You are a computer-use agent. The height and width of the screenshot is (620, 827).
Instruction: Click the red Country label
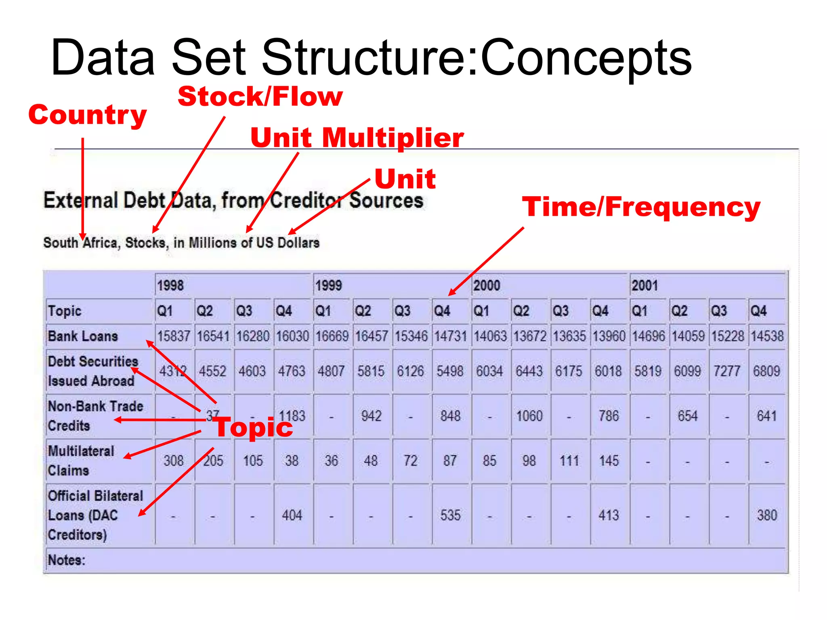(87, 115)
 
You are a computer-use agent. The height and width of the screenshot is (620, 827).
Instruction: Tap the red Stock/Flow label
(260, 97)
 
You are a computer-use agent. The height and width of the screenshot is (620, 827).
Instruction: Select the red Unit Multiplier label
(357, 138)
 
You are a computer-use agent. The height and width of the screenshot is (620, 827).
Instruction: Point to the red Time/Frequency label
(641, 207)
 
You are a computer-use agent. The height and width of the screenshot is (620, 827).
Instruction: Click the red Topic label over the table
(254, 427)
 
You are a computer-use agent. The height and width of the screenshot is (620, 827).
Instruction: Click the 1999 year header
(329, 285)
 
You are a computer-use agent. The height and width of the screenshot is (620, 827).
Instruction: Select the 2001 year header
(644, 285)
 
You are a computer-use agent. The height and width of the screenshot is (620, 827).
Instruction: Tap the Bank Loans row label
(83, 336)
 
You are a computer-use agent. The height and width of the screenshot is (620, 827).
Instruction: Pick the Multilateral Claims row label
(81, 461)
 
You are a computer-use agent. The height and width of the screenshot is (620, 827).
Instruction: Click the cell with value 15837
(174, 336)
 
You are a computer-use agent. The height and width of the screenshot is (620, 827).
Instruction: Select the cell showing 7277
(727, 371)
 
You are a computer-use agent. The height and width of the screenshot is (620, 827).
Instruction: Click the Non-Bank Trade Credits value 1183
(292, 416)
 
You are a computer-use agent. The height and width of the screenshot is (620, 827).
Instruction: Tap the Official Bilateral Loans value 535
(450, 515)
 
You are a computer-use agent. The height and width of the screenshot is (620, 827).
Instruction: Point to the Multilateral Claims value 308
(174, 461)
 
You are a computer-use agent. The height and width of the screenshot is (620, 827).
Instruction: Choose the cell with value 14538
(767, 336)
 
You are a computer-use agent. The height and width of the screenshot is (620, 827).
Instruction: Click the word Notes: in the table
(67, 560)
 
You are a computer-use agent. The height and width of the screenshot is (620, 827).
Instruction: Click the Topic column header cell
(65, 311)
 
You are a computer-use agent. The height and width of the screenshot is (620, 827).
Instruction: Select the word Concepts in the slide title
(586, 57)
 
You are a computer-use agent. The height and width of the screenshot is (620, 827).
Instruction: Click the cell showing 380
(767, 515)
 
